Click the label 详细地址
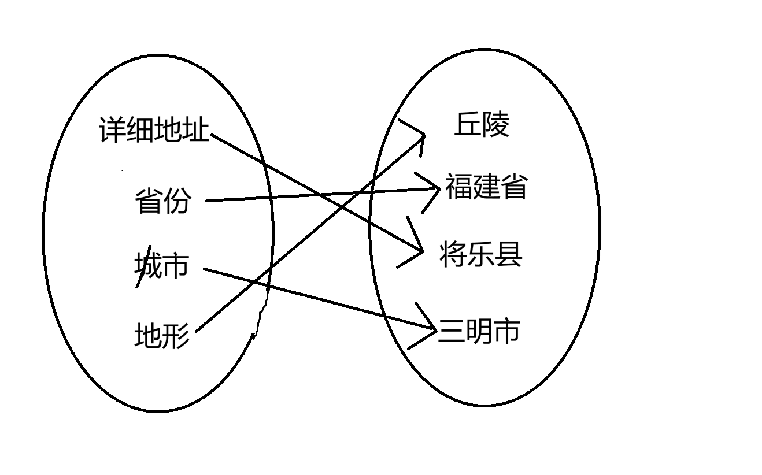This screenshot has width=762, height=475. click(x=154, y=130)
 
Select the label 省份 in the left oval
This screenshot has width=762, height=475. click(x=162, y=201)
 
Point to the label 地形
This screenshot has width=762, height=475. click(x=162, y=335)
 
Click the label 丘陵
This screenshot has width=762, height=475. click(x=482, y=124)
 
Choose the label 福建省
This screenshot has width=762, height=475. click(x=486, y=187)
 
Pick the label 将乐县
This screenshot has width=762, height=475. click(x=481, y=254)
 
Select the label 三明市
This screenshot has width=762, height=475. click(x=479, y=331)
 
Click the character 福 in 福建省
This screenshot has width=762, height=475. click(x=458, y=187)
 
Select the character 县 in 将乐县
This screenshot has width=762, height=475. click(x=509, y=254)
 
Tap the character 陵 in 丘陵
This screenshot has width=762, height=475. click(x=495, y=124)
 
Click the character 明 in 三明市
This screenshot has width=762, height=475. click(x=479, y=331)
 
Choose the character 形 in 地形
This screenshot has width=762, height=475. click(x=176, y=335)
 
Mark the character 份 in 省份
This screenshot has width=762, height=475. click(x=176, y=201)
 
